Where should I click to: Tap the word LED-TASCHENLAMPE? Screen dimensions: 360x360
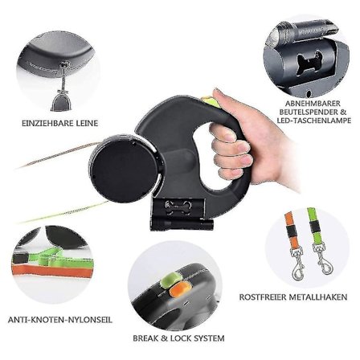tap(314, 121)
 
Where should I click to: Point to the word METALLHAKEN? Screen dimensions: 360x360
tap(319, 297)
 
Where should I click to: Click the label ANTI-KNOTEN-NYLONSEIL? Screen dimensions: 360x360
tap(60, 320)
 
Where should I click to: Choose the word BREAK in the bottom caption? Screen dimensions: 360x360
tap(146, 338)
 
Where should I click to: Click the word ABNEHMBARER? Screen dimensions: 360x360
tap(313, 104)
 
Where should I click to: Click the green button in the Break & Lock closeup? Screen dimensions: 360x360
tap(170, 279)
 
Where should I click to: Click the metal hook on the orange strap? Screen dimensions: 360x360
tap(297, 264)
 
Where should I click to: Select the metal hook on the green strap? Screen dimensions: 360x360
tap(324, 258)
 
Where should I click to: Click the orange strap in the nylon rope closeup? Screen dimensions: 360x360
tap(51, 271)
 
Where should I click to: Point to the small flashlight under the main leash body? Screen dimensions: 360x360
tap(182, 225)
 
